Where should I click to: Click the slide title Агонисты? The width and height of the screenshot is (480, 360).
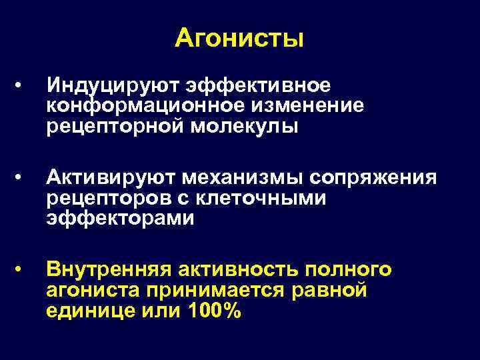(x=239, y=39)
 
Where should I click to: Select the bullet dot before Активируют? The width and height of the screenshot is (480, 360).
(x=23, y=178)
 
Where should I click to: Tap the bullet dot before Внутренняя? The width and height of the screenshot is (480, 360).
(x=23, y=269)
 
